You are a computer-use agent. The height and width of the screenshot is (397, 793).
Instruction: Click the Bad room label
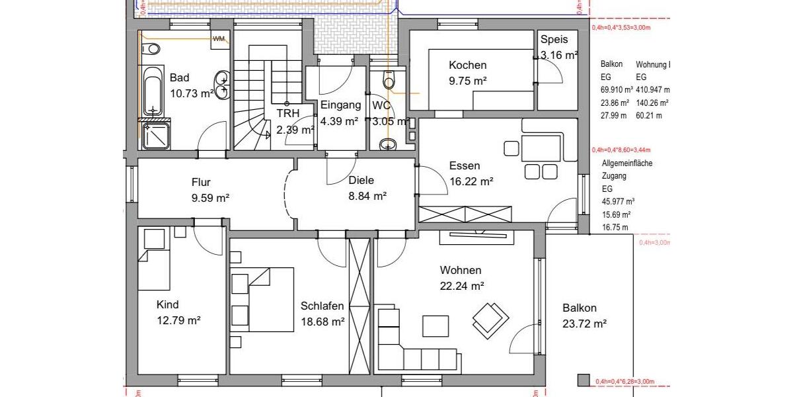[179, 78]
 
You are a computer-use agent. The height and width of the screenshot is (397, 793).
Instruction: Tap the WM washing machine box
[218, 39]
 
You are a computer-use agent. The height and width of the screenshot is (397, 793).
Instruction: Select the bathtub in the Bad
[153, 91]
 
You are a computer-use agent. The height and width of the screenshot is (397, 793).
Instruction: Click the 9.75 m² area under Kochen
[467, 81]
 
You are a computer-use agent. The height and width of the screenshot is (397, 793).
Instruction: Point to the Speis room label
[554, 40]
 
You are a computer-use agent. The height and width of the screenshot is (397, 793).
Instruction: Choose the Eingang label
[340, 105]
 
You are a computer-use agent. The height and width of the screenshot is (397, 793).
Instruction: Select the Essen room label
[464, 166]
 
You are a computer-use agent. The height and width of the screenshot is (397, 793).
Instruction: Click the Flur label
[201, 183]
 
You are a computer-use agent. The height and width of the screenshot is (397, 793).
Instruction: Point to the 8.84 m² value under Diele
[367, 196]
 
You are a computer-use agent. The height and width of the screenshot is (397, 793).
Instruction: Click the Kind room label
[167, 305]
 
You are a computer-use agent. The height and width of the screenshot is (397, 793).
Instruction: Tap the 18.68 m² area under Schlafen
[322, 322]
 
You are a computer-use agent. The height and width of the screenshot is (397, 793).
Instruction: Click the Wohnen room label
[461, 271]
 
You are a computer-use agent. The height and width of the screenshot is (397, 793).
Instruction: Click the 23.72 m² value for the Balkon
[584, 324]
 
